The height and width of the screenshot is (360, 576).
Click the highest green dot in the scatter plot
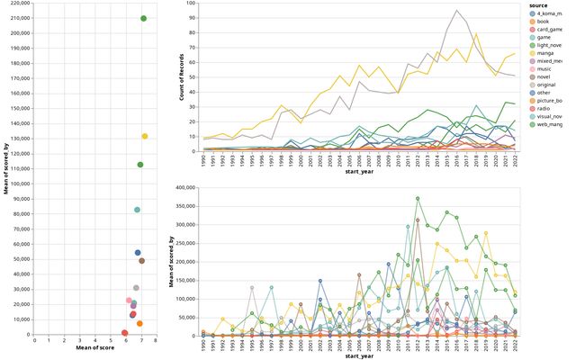tap(144, 18)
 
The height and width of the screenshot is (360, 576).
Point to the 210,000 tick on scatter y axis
tap(19, 18)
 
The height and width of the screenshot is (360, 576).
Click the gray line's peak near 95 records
tap(457, 10)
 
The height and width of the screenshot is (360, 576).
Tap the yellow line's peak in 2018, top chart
tap(476, 34)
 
